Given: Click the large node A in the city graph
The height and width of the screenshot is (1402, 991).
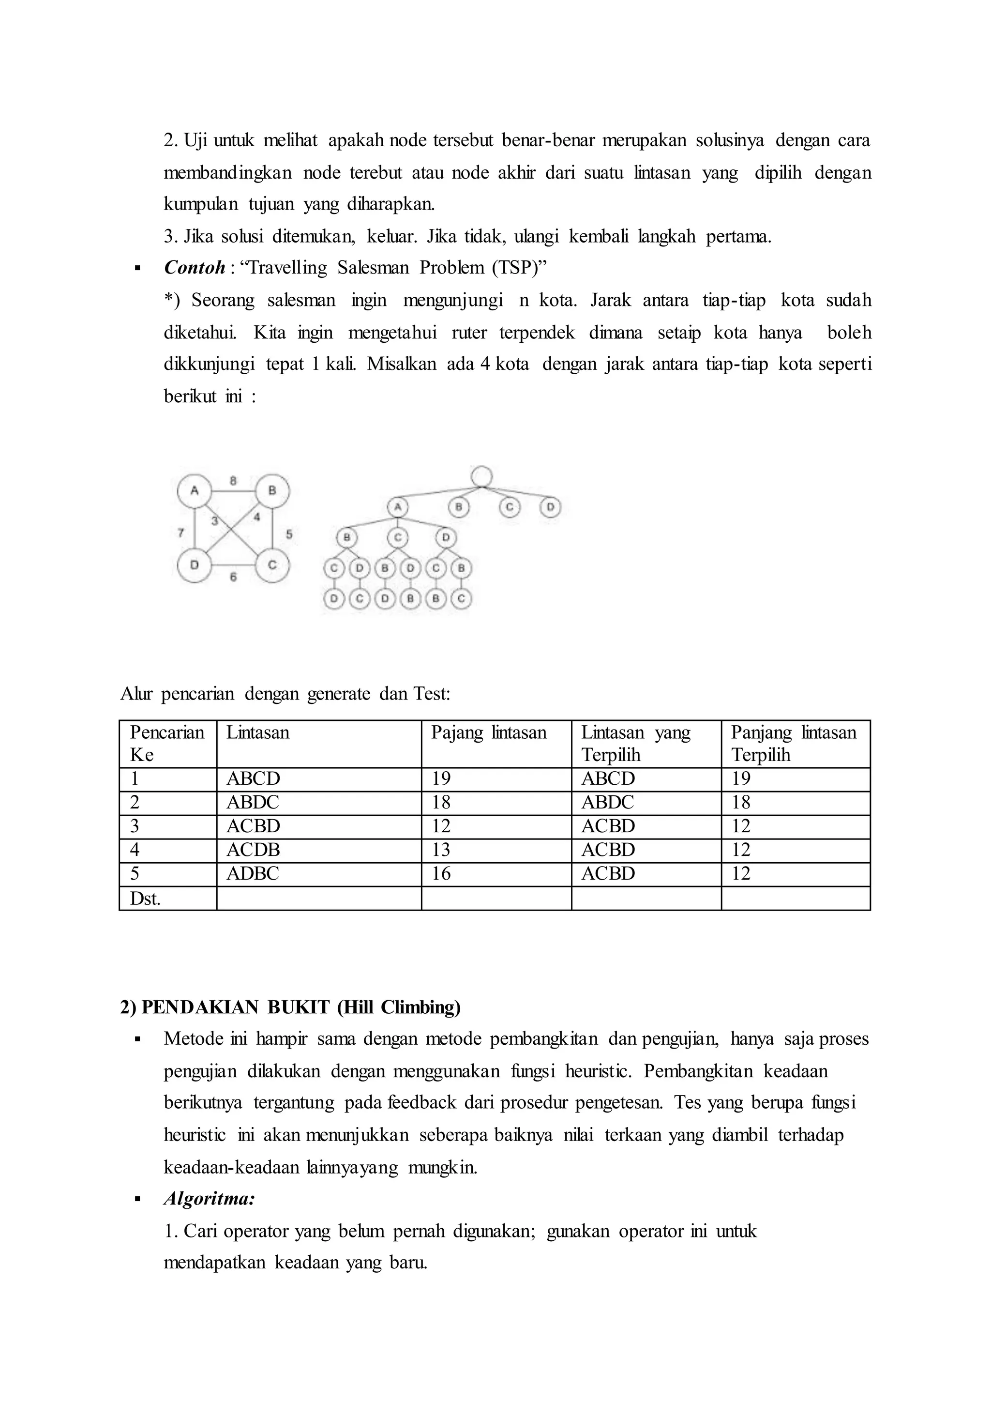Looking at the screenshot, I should point(194,490).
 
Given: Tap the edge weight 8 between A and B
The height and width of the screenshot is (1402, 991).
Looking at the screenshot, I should point(233,481).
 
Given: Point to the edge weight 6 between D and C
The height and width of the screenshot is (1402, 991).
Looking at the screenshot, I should point(233,577).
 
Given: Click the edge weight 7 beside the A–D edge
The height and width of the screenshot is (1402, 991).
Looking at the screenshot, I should point(180,533).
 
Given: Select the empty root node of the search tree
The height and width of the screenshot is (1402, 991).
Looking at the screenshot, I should point(481,476).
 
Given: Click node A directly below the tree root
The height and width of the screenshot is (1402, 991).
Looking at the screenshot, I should point(397,507).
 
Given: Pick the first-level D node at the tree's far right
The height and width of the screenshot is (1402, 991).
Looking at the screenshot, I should point(550,507).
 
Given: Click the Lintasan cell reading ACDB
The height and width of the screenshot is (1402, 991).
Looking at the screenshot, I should point(253,850).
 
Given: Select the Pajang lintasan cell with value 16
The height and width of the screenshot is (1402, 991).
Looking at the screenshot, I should point(441,873).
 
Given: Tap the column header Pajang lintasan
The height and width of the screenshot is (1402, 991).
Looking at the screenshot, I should point(489,732).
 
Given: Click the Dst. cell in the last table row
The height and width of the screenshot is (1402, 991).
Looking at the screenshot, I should point(145,898).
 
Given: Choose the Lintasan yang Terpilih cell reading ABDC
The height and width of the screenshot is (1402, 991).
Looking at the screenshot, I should point(608,802).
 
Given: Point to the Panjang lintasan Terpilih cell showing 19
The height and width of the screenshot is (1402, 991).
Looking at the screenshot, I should point(741,778).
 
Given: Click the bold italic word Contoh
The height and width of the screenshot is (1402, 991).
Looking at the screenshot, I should point(195,267).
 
